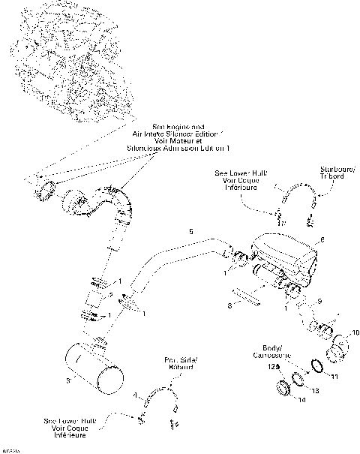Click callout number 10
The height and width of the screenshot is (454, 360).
pos(355,331)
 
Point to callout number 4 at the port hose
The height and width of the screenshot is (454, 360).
pos(135,395)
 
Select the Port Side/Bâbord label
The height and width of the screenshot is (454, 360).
pos(178,364)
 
